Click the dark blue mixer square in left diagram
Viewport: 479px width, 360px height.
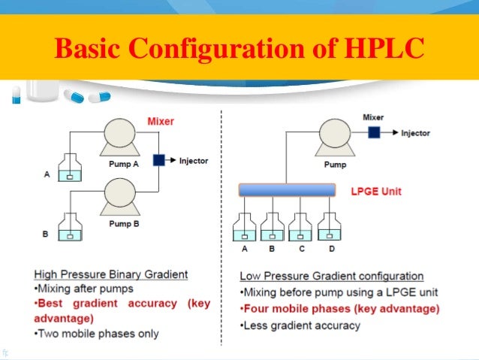158,160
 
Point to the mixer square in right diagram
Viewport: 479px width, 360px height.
374,133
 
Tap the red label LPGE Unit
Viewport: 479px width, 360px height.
376,192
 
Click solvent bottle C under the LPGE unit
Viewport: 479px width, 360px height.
299,228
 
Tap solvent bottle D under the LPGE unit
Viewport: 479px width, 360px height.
327,228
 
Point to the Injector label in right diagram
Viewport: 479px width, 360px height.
414,133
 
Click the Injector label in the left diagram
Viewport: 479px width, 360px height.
194,160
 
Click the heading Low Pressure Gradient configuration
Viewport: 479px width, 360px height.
331,276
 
